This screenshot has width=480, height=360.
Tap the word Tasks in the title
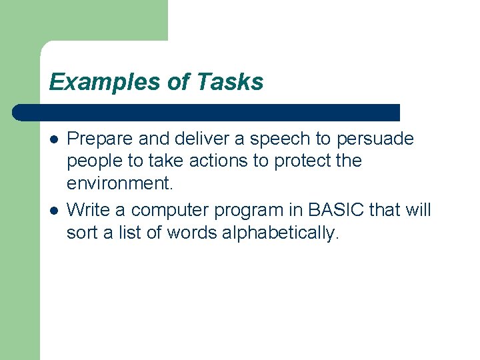point(230,82)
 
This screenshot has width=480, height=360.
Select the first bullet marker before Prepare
point(53,139)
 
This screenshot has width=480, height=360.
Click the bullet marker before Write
point(53,211)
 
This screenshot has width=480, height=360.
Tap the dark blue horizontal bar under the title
point(207,112)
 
